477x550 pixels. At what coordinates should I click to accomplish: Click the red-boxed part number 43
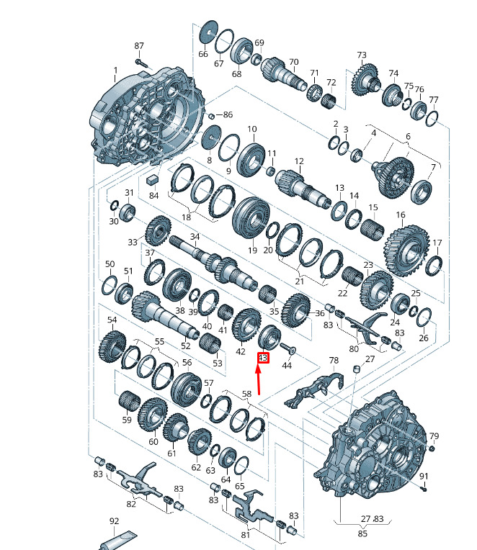point(263,358)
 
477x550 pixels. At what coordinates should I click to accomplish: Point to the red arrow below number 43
point(259,379)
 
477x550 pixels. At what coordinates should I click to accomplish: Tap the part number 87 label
point(139,45)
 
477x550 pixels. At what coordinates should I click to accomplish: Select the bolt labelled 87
point(142,63)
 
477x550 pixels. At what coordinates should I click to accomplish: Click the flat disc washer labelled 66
point(208,32)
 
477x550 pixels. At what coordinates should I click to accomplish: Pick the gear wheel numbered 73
point(366,80)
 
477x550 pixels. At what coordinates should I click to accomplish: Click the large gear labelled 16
point(407,250)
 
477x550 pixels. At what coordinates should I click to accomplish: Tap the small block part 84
point(152,179)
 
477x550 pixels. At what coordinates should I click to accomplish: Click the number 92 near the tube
point(114,521)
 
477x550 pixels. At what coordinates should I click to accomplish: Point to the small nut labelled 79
point(432,448)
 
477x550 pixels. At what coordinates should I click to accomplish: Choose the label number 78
point(334,360)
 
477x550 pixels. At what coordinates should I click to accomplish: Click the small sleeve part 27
point(357,369)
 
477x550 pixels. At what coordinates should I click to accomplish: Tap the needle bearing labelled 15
point(372,230)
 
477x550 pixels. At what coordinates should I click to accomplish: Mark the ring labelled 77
point(432,118)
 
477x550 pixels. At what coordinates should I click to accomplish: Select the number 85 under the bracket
point(362,533)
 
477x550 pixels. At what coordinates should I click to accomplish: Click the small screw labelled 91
point(424,488)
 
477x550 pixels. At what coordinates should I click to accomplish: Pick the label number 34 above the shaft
point(195,236)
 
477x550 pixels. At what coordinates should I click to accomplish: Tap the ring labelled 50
point(110,286)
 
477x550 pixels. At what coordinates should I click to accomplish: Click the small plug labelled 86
point(211,116)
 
